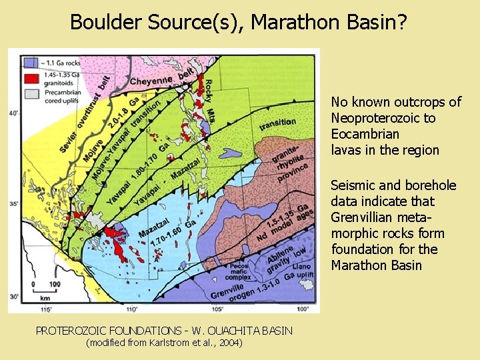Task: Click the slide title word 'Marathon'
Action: click(x=294, y=22)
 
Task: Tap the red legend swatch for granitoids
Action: click(x=29, y=79)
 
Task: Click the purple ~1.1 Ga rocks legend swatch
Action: click(x=29, y=63)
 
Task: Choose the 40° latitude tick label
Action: click(x=14, y=113)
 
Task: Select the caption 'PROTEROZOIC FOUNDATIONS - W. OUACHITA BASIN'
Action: click(x=164, y=331)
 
